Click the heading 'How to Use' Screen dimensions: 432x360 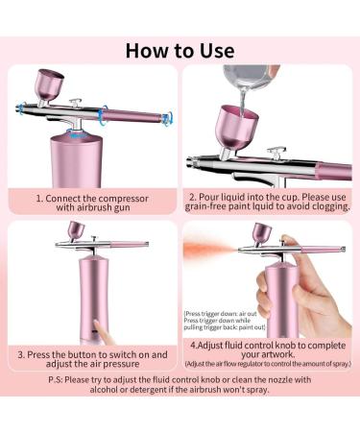pyautogui.click(x=180, y=47)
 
